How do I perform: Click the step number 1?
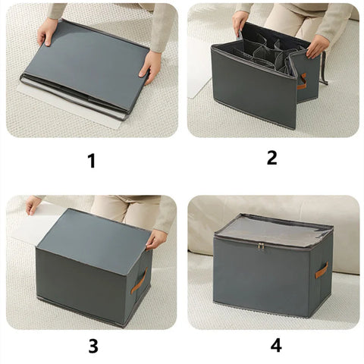tap(92, 161)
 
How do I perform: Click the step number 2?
tap(272, 158)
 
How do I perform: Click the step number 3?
tap(93, 346)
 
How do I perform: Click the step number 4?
tap(276, 346)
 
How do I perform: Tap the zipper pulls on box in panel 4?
tap(261, 246)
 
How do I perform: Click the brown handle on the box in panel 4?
tap(321, 271)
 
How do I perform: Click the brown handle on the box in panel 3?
tap(139, 281)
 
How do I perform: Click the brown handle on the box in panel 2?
tap(302, 81)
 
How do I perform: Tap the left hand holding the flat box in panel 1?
tap(47, 32)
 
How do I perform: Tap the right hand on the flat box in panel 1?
tap(150, 65)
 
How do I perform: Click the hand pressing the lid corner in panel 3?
tap(156, 239)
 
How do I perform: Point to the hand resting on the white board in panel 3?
tap(33, 206)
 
